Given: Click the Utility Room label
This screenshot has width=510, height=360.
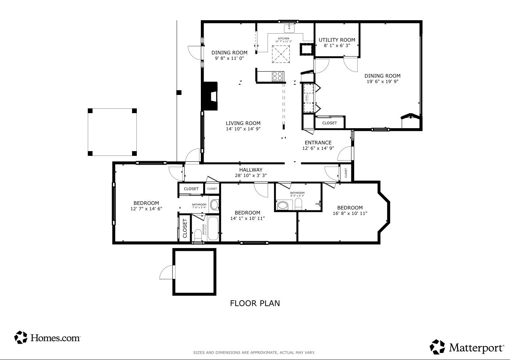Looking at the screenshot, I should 337,40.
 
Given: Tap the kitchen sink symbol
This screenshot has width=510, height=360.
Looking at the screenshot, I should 289,28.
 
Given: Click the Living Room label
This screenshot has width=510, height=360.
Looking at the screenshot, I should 243,123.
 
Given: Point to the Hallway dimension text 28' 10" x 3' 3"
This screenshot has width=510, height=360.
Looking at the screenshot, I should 251,175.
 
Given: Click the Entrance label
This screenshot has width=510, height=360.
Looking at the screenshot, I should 318,143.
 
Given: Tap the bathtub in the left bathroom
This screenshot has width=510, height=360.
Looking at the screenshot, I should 213,228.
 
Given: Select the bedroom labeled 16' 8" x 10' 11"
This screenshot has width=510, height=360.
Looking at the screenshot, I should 349,208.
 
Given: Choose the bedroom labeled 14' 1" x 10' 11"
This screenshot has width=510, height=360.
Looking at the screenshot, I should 247,213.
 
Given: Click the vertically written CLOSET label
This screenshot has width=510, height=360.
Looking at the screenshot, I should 185,228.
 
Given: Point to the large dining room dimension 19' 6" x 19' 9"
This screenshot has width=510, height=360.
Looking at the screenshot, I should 382,81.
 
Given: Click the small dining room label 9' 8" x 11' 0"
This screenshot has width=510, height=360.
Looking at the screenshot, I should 229,58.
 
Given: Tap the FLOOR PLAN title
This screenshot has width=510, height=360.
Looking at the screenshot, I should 255,303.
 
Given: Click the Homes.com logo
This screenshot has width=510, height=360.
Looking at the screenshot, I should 47,337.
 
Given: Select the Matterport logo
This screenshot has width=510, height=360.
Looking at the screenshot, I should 467,347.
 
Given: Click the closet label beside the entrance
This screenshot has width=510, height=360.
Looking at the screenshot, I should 329,123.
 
